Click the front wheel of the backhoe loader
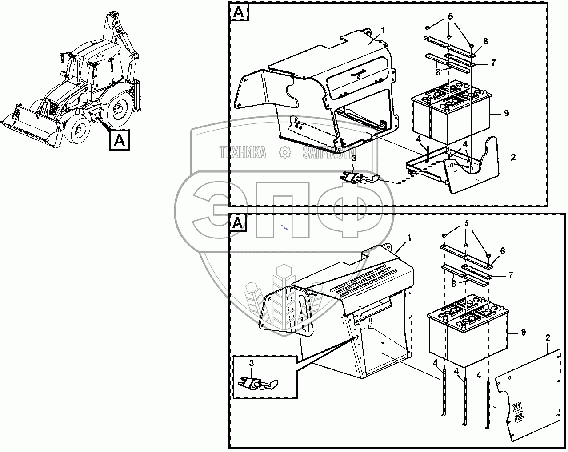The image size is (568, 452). coord(76,129)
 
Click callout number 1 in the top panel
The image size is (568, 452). coord(383,30)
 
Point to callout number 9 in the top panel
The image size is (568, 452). coord(506,114)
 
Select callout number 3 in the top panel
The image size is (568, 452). coord(354,158)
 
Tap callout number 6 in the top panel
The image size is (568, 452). coord(485,41)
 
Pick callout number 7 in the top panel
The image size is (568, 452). coord(493,63)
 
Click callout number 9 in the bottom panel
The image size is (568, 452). coord(524,332)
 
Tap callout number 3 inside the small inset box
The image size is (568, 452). coord(252,363)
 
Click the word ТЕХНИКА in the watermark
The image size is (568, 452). coord(243,153)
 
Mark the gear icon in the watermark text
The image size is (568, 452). coord(284,153)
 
